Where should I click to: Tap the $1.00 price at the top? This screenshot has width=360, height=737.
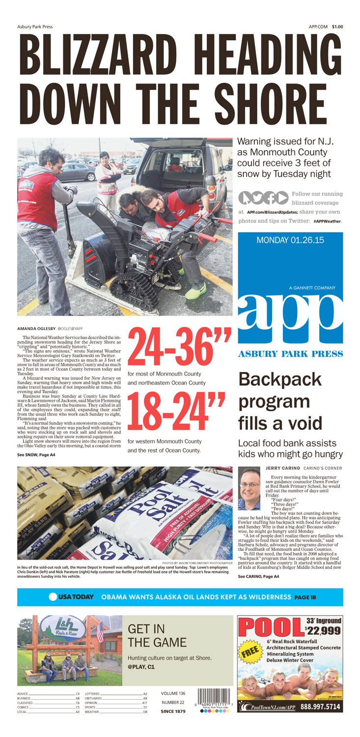[337, 27]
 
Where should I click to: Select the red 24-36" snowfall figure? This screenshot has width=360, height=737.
[179, 349]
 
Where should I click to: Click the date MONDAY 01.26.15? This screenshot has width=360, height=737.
[290, 241]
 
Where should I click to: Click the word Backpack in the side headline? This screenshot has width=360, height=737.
[279, 380]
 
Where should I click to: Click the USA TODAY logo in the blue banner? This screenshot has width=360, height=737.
[71, 596]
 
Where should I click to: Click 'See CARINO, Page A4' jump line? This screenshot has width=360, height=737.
[259, 576]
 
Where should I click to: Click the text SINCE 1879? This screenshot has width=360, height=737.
[173, 711]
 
